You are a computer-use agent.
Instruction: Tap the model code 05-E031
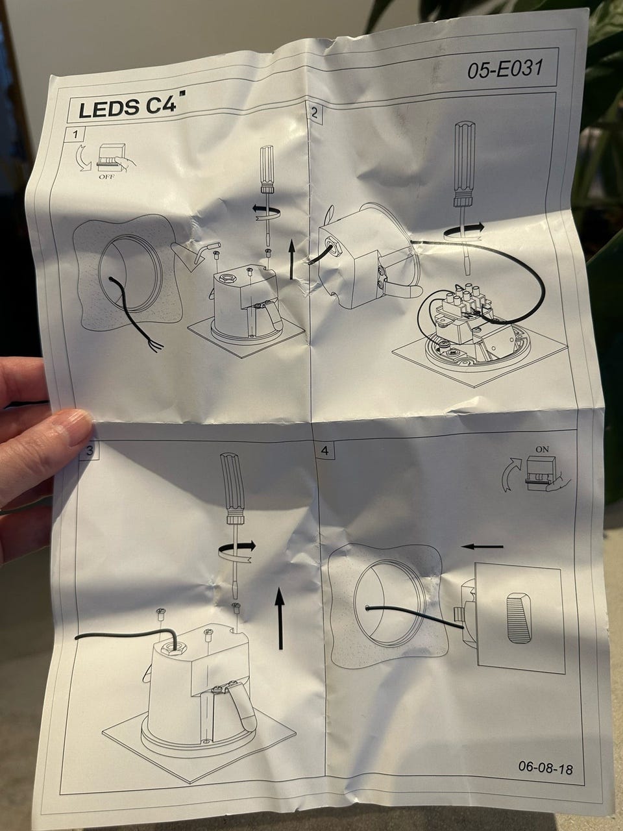505,69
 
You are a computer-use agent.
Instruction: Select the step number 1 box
76,134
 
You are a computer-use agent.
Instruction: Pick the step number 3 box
90,450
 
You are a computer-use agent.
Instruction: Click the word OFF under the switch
107,177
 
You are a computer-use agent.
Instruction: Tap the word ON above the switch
542,449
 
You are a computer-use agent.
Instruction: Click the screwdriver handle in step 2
464,165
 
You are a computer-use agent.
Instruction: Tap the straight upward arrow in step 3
279,618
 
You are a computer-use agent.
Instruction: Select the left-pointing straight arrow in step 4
482,546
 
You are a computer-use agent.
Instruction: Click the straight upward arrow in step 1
291,259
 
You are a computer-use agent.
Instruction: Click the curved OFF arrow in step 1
84,158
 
